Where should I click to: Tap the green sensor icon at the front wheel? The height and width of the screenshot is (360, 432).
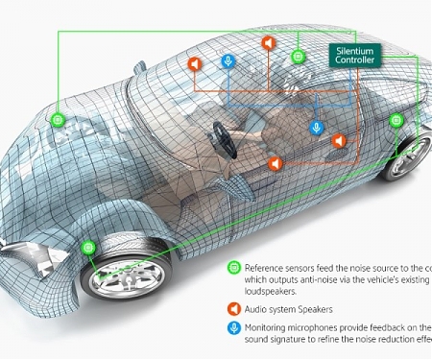coord(88,247)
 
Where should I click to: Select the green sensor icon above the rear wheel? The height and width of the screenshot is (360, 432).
coord(396,121)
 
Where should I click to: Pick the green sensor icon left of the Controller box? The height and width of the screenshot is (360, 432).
coord(299,56)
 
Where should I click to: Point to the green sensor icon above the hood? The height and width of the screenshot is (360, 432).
coord(59,121)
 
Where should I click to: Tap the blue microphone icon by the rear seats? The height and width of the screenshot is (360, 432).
coord(316,128)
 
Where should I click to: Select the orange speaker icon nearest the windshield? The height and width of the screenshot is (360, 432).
coord(193,64)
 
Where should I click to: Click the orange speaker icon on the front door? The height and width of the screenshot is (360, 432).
coord(274,163)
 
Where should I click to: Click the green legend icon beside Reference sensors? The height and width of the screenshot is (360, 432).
coord(233,268)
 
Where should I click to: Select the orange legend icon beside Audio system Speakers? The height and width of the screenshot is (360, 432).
coord(233,309)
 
